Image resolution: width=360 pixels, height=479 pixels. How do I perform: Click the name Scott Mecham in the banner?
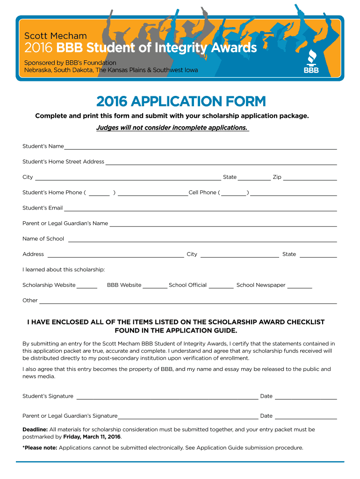[56, 36]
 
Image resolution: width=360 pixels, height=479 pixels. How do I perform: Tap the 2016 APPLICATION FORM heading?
[181, 101]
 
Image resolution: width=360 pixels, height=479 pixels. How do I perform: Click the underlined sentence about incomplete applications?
[172, 128]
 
